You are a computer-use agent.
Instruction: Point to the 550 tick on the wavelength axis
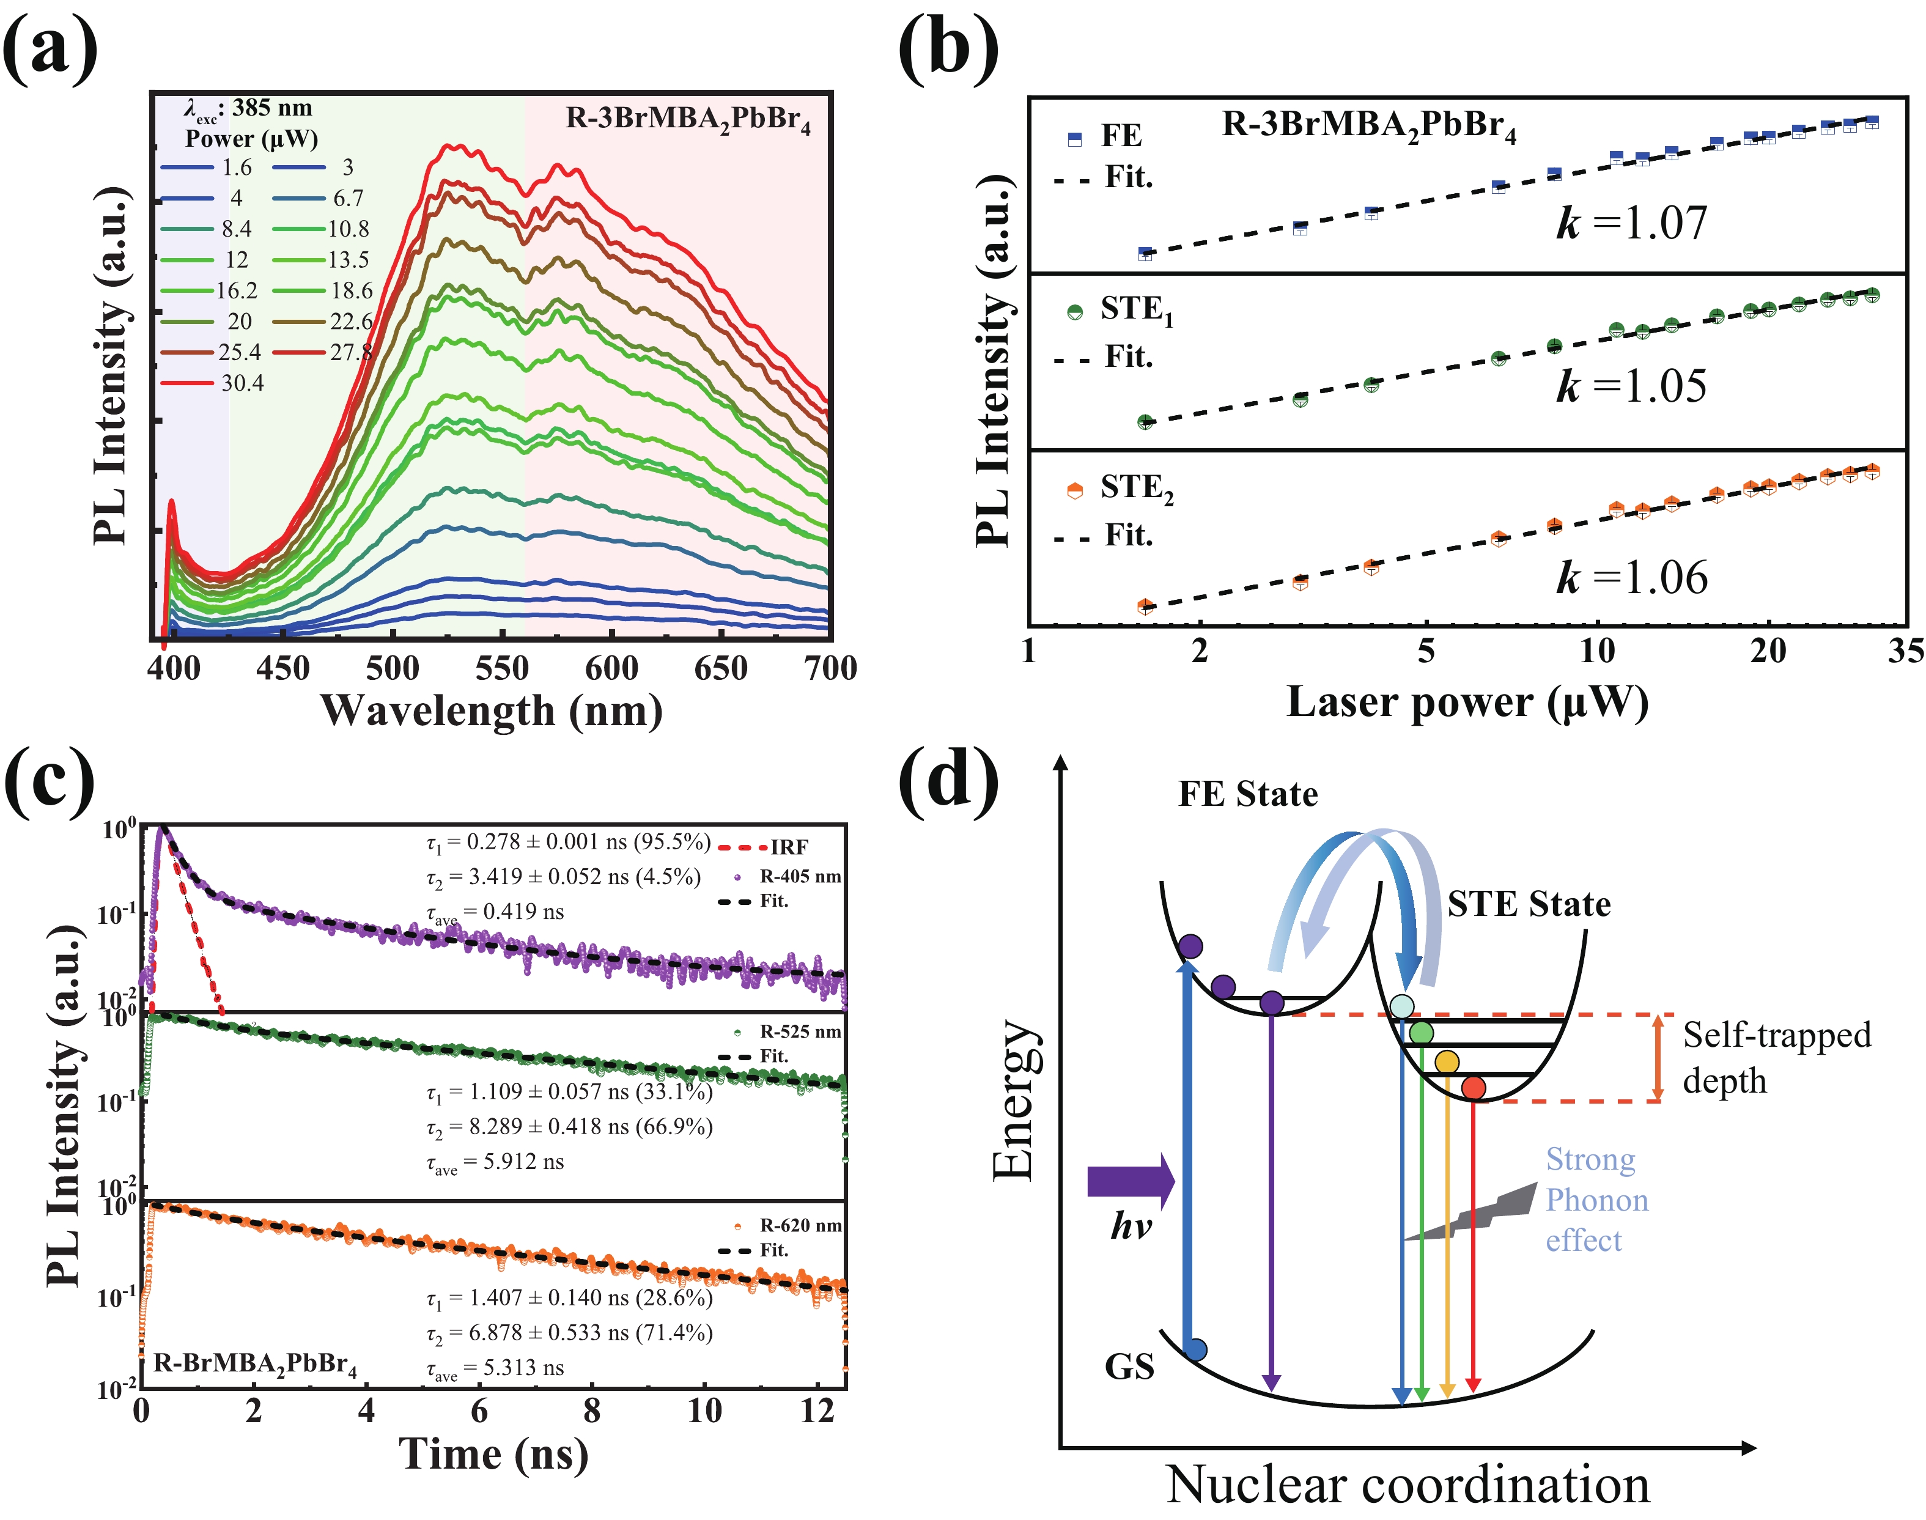502,668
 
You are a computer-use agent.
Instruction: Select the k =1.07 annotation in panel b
1631,223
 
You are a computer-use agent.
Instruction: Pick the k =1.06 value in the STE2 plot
1631,578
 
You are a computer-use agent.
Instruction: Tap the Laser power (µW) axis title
1467,702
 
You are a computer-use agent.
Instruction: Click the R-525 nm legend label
799,1031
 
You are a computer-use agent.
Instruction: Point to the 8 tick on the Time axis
592,1411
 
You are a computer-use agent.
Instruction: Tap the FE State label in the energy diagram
1248,794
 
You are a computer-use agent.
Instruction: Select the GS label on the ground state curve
1129,1366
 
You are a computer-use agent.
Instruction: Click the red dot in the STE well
1473,1088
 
